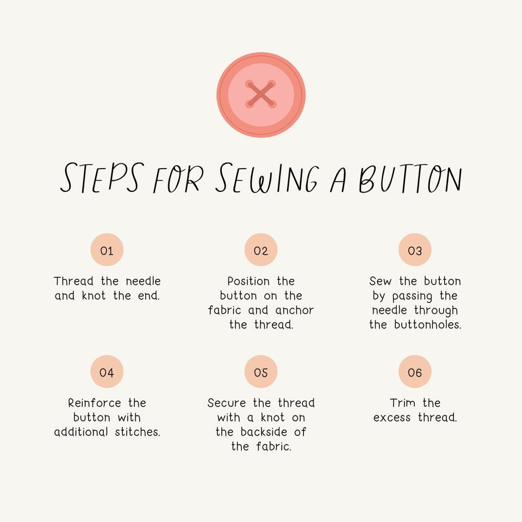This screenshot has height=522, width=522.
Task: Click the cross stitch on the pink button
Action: [261, 95]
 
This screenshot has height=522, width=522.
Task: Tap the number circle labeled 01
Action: [107, 250]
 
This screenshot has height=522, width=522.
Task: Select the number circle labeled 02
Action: [261, 250]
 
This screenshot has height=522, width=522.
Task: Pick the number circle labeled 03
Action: [415, 250]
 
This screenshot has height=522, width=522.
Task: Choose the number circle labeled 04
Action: [107, 372]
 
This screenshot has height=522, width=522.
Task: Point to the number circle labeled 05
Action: [261, 372]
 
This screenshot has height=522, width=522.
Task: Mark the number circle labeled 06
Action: [415, 372]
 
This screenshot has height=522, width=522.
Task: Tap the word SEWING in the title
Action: [266, 178]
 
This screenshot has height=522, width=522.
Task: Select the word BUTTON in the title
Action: [410, 178]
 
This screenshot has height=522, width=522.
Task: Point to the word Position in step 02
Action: [248, 282]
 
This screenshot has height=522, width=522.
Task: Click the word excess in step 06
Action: [392, 418]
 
